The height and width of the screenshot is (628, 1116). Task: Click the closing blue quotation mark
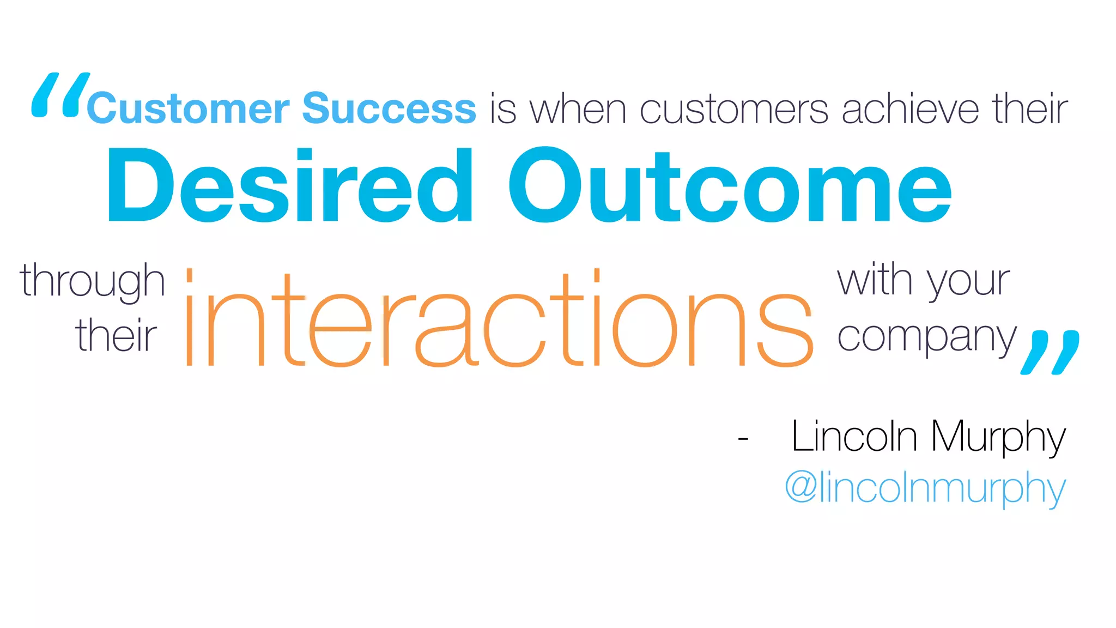coord(1050,352)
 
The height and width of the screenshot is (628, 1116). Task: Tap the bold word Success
coord(389,108)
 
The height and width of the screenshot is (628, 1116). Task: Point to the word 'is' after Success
coord(502,109)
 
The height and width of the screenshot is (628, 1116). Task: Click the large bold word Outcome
coord(730,185)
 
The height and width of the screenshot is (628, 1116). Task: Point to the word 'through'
coord(93,281)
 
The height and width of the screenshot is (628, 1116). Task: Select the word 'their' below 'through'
coord(116,335)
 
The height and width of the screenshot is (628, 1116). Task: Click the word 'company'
coord(926,338)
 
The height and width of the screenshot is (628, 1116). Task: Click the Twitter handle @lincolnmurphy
coord(925,487)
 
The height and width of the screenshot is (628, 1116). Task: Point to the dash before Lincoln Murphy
coord(743,438)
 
